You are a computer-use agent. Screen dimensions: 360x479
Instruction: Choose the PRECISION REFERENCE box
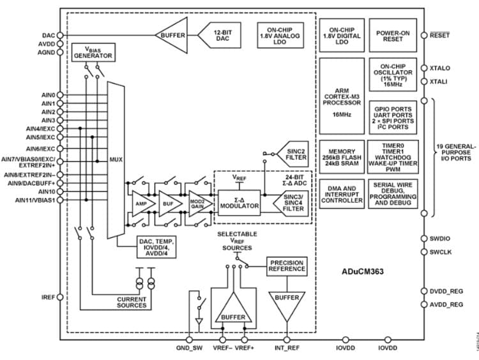pos(287,266)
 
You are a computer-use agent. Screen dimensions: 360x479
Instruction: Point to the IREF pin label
pos(48,297)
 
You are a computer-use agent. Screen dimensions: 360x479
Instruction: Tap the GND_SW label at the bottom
pos(189,349)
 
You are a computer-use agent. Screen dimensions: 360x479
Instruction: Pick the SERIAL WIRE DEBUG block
pos(393,193)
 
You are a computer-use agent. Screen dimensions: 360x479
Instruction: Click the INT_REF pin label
pos(287,349)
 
